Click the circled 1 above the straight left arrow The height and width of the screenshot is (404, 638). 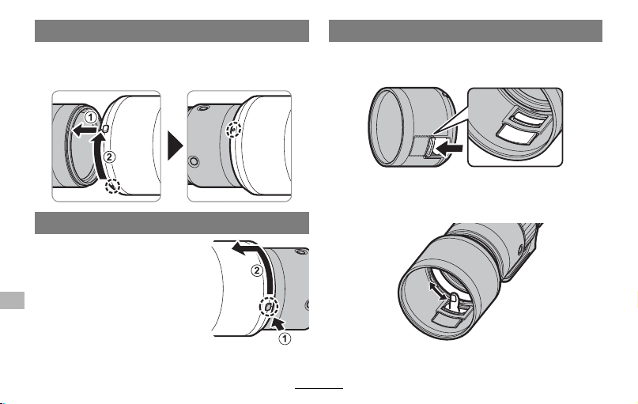[x=91, y=118]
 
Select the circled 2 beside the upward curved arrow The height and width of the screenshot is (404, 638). [x=109, y=157]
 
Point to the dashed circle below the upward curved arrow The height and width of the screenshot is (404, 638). [x=112, y=186]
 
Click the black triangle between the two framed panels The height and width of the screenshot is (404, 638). [x=176, y=145]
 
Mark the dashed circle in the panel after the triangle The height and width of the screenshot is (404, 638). [x=233, y=130]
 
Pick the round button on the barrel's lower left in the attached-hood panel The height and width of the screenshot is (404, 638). [x=194, y=161]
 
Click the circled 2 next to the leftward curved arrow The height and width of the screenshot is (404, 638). [x=257, y=270]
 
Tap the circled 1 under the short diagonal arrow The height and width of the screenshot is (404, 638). [x=285, y=338]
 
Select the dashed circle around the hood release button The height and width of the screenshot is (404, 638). [x=269, y=307]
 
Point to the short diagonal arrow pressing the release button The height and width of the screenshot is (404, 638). [x=279, y=323]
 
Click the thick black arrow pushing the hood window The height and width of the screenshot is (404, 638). [x=449, y=148]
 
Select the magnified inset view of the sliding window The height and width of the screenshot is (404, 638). [x=515, y=127]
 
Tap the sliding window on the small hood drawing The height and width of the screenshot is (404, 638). [x=429, y=146]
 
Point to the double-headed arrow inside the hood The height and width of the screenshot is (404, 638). [x=438, y=291]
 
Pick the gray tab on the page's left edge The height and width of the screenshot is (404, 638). [x=12, y=300]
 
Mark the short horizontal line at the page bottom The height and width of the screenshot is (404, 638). [x=319, y=388]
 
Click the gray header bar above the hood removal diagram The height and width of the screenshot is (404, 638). [x=172, y=223]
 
